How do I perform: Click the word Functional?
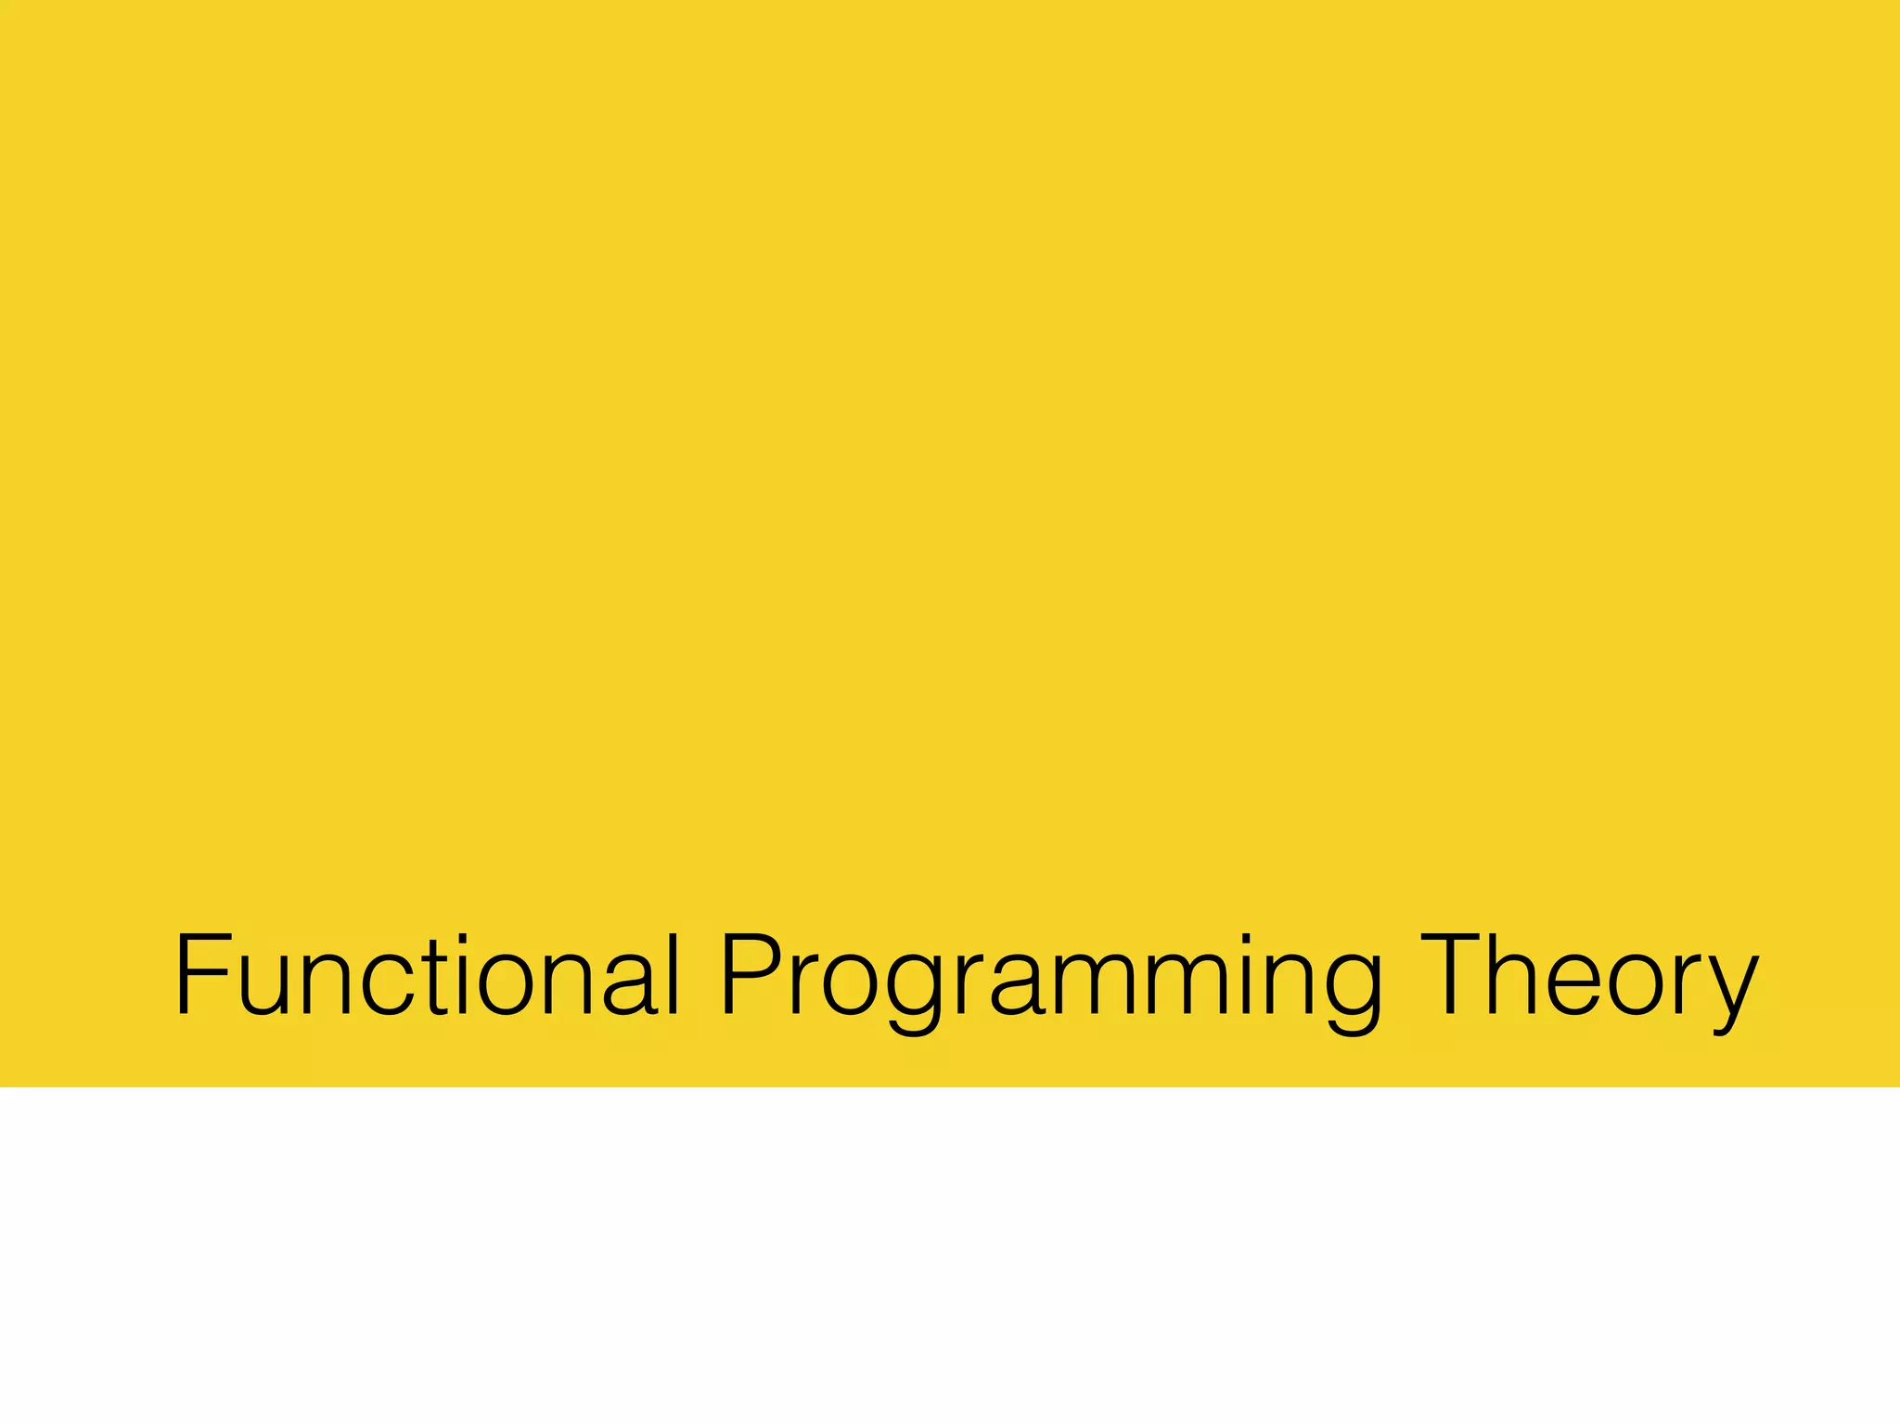point(428,976)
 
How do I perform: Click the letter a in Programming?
point(1021,987)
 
